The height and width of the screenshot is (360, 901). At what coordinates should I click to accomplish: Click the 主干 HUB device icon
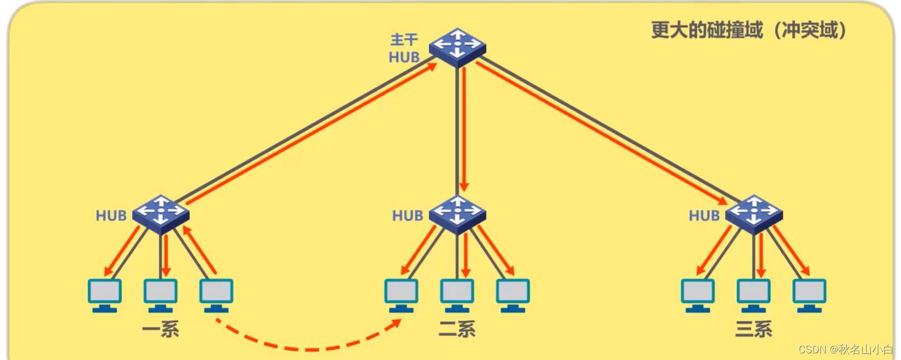(457, 47)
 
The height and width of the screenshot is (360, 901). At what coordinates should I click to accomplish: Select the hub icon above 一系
(161, 214)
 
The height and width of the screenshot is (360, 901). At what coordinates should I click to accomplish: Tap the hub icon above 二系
(457, 214)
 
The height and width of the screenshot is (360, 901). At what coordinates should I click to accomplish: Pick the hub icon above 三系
(754, 214)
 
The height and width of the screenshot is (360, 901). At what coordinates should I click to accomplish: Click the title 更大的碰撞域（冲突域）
(749, 30)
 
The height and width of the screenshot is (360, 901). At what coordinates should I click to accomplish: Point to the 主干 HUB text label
(404, 48)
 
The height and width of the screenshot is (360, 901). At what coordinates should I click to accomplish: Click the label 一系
(161, 329)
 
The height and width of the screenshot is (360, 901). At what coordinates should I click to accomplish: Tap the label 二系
(457, 329)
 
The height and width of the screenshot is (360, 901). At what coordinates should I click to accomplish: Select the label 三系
(754, 329)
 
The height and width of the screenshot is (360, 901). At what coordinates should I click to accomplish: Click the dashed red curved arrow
(309, 349)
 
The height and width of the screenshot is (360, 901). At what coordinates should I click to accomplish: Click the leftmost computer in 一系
(105, 294)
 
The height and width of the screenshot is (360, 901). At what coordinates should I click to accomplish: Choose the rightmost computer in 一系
(216, 294)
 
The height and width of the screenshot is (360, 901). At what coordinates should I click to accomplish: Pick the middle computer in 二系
(457, 294)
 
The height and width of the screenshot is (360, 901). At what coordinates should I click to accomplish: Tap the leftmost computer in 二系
(401, 294)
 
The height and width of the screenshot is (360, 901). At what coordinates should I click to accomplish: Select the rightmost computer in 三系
(810, 294)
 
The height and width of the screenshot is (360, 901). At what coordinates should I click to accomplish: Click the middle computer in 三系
(754, 294)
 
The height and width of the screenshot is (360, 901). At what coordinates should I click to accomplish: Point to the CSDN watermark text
(845, 349)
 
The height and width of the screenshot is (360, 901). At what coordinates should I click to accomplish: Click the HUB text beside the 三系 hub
(704, 215)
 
